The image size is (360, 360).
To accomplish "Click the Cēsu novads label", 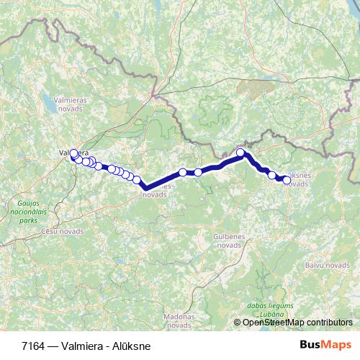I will tap(62, 232).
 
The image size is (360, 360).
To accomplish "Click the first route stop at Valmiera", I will tap(73, 153).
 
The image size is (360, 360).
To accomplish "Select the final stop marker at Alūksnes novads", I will tap(287, 180).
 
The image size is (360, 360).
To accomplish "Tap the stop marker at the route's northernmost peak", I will tap(240, 153).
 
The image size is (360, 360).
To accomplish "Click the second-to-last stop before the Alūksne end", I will tap(271, 175).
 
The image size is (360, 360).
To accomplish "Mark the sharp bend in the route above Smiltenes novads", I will tap(146, 187).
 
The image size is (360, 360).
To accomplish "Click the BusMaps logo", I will tap(325, 345).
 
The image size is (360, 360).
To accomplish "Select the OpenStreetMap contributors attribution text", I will tap(297, 323).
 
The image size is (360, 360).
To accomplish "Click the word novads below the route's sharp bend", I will tap(156, 194).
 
